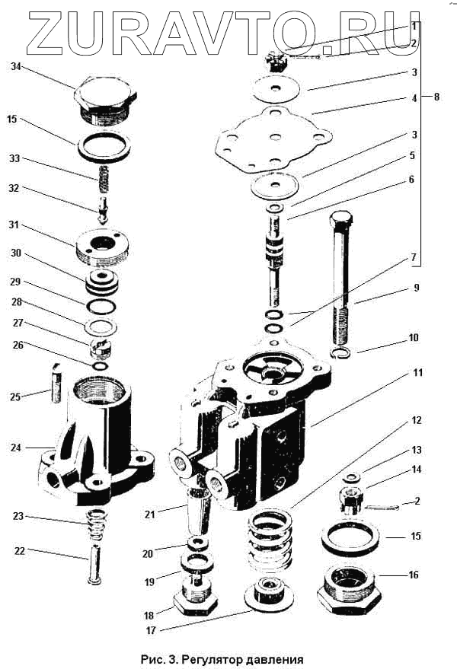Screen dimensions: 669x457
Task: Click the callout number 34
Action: (14, 67)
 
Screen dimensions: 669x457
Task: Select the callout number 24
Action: (14, 448)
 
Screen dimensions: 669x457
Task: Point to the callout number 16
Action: (414, 575)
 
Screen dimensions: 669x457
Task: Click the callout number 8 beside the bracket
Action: (436, 97)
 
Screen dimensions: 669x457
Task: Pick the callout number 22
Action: (14, 552)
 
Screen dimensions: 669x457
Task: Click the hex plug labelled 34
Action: (105, 99)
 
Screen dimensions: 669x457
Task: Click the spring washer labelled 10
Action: (343, 353)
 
